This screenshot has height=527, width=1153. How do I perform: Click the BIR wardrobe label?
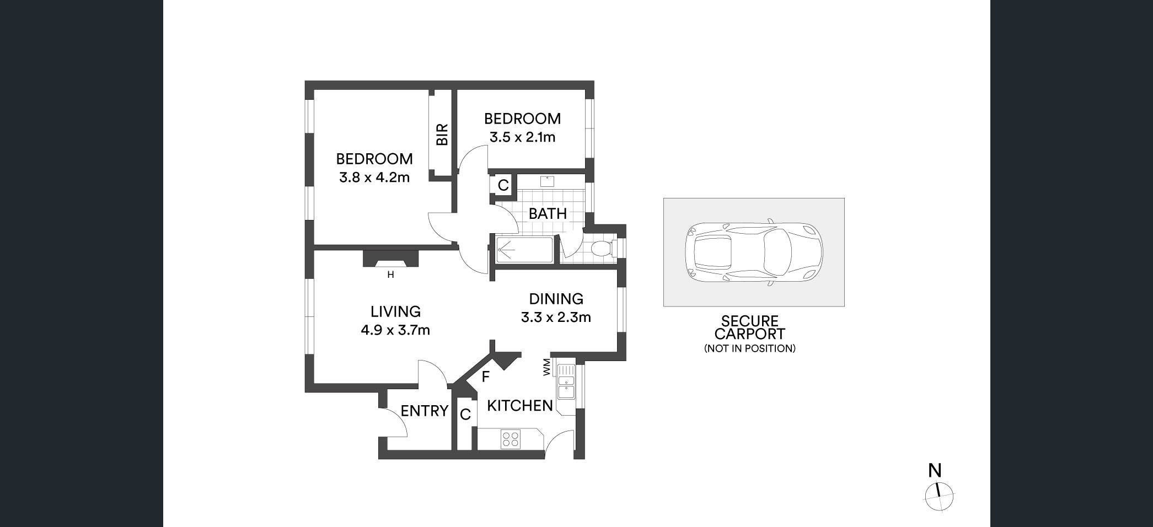click(442, 135)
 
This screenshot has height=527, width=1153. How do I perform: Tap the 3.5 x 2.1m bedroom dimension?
click(522, 137)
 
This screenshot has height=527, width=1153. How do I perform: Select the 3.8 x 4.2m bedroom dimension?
click(374, 178)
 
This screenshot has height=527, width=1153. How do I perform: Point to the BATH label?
click(548, 213)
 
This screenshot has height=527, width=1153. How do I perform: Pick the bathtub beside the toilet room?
click(524, 250)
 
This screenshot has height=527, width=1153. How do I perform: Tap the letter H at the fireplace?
click(390, 275)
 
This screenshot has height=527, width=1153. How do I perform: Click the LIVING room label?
click(395, 311)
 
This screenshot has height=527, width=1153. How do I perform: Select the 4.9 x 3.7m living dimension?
click(395, 330)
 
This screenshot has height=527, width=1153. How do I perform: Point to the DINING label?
click(556, 299)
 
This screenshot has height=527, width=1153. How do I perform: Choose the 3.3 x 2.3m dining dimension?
click(556, 318)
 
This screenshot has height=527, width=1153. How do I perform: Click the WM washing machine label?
click(547, 367)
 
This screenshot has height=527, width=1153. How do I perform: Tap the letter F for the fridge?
click(486, 377)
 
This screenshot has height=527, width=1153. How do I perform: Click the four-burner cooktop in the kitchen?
click(510, 439)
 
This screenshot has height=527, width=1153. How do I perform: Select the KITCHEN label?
click(520, 406)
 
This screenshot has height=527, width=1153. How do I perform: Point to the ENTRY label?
click(424, 411)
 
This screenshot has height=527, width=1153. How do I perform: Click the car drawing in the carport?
click(753, 252)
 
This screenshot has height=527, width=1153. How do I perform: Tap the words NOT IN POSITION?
click(750, 348)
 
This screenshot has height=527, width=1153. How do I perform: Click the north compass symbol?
click(939, 496)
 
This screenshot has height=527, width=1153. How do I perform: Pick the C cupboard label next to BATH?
click(503, 185)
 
